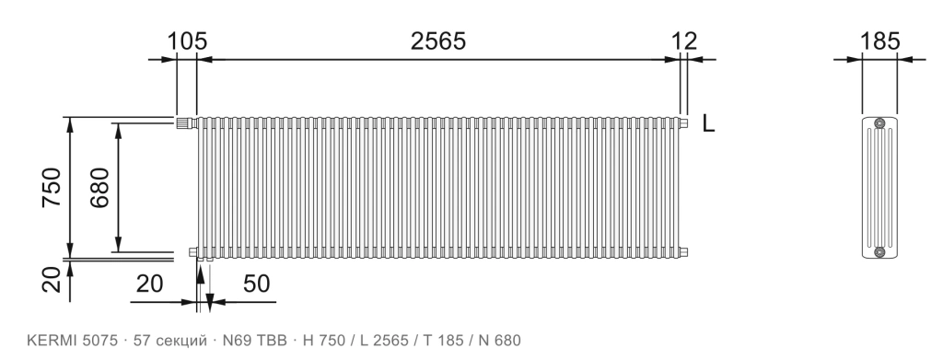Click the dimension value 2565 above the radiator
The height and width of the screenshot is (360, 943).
coord(437,41)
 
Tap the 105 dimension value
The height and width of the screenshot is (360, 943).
coord(186,42)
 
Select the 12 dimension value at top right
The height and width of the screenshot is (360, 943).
coord(684,41)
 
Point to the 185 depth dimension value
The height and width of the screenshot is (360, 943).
coord(879,41)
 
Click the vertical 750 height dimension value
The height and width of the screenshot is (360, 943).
coord(52,188)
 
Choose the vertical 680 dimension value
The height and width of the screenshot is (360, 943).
coord(99,188)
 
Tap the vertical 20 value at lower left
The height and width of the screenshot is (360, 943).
coord(52,280)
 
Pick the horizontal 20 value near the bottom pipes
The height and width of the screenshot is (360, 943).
coord(149,284)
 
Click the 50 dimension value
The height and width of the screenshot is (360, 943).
coord(257,284)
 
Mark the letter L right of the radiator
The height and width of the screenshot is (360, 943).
coord(708,123)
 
